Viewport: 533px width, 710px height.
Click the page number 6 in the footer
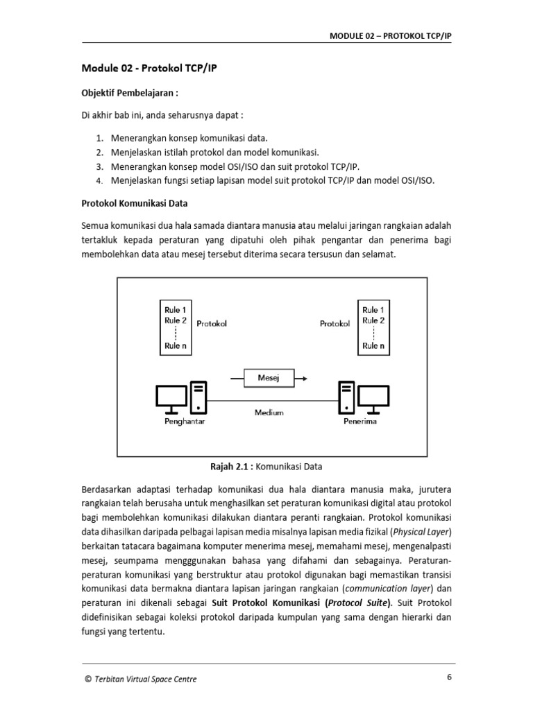point(449,678)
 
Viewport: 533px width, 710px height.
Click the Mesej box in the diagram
point(267,379)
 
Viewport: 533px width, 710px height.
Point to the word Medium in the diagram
point(269,412)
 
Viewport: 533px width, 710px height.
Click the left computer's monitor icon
point(171,397)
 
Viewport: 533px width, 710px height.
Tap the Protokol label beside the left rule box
point(212,323)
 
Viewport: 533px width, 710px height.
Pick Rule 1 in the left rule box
point(173,309)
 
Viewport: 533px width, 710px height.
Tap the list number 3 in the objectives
point(100,166)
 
